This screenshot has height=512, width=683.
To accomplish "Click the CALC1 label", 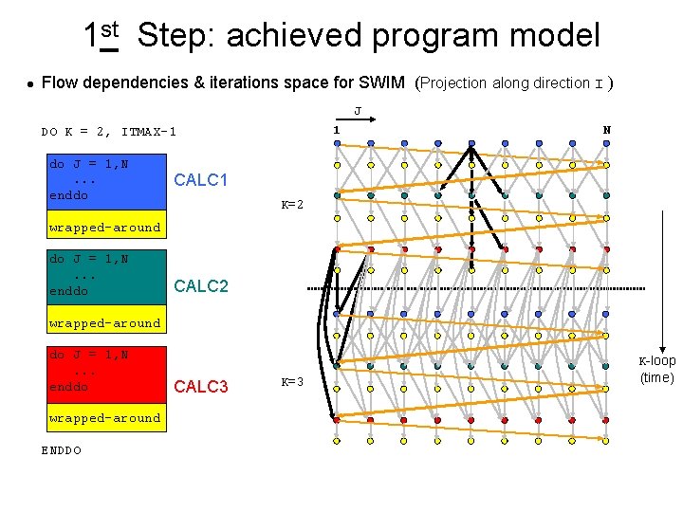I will [201, 180].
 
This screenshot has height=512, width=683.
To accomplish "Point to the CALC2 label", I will [201, 285].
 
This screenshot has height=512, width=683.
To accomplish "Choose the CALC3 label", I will [201, 386].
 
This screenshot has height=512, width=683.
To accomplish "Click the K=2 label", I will [292, 205].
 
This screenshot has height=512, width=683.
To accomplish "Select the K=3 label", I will [292, 382].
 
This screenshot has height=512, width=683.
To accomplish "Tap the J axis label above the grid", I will [357, 111].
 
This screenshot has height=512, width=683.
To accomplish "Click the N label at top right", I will [607, 129].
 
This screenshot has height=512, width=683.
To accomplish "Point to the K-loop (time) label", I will [656, 369].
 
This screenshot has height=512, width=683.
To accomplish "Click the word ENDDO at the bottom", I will [61, 449].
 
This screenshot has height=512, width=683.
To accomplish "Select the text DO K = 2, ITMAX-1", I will [108, 132].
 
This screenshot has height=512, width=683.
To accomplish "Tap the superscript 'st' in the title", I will [109, 29].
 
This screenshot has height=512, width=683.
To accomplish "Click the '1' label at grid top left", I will [336, 129].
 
